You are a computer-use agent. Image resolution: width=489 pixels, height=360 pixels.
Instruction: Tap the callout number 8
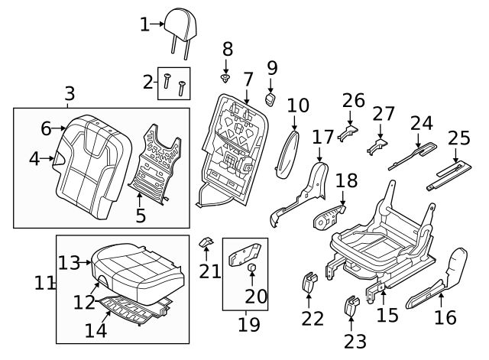(x=227, y=49)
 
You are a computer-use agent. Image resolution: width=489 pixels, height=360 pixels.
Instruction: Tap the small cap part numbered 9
(x=270, y=98)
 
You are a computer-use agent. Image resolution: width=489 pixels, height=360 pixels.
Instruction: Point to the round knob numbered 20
(x=250, y=267)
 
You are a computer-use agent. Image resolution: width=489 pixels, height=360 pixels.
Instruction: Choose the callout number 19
(x=243, y=324)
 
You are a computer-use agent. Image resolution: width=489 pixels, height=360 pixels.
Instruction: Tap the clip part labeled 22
(x=309, y=281)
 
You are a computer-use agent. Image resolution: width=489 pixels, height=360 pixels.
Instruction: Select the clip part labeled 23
(x=351, y=306)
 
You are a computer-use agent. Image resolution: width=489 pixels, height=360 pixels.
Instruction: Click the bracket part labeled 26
(x=351, y=133)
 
